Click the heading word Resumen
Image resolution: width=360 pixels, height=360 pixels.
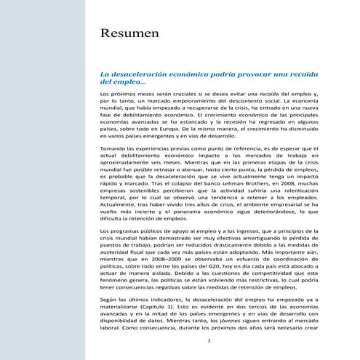[131, 34]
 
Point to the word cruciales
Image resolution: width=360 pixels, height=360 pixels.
[190, 95]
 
